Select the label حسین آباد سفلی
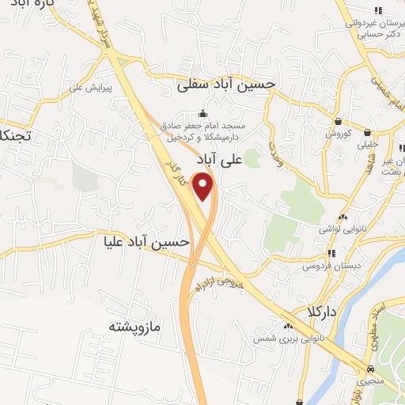[225, 83]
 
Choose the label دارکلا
[324, 312]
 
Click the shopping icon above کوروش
[339, 122]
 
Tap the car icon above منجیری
[370, 369]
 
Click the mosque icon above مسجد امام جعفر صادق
[204, 112]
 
